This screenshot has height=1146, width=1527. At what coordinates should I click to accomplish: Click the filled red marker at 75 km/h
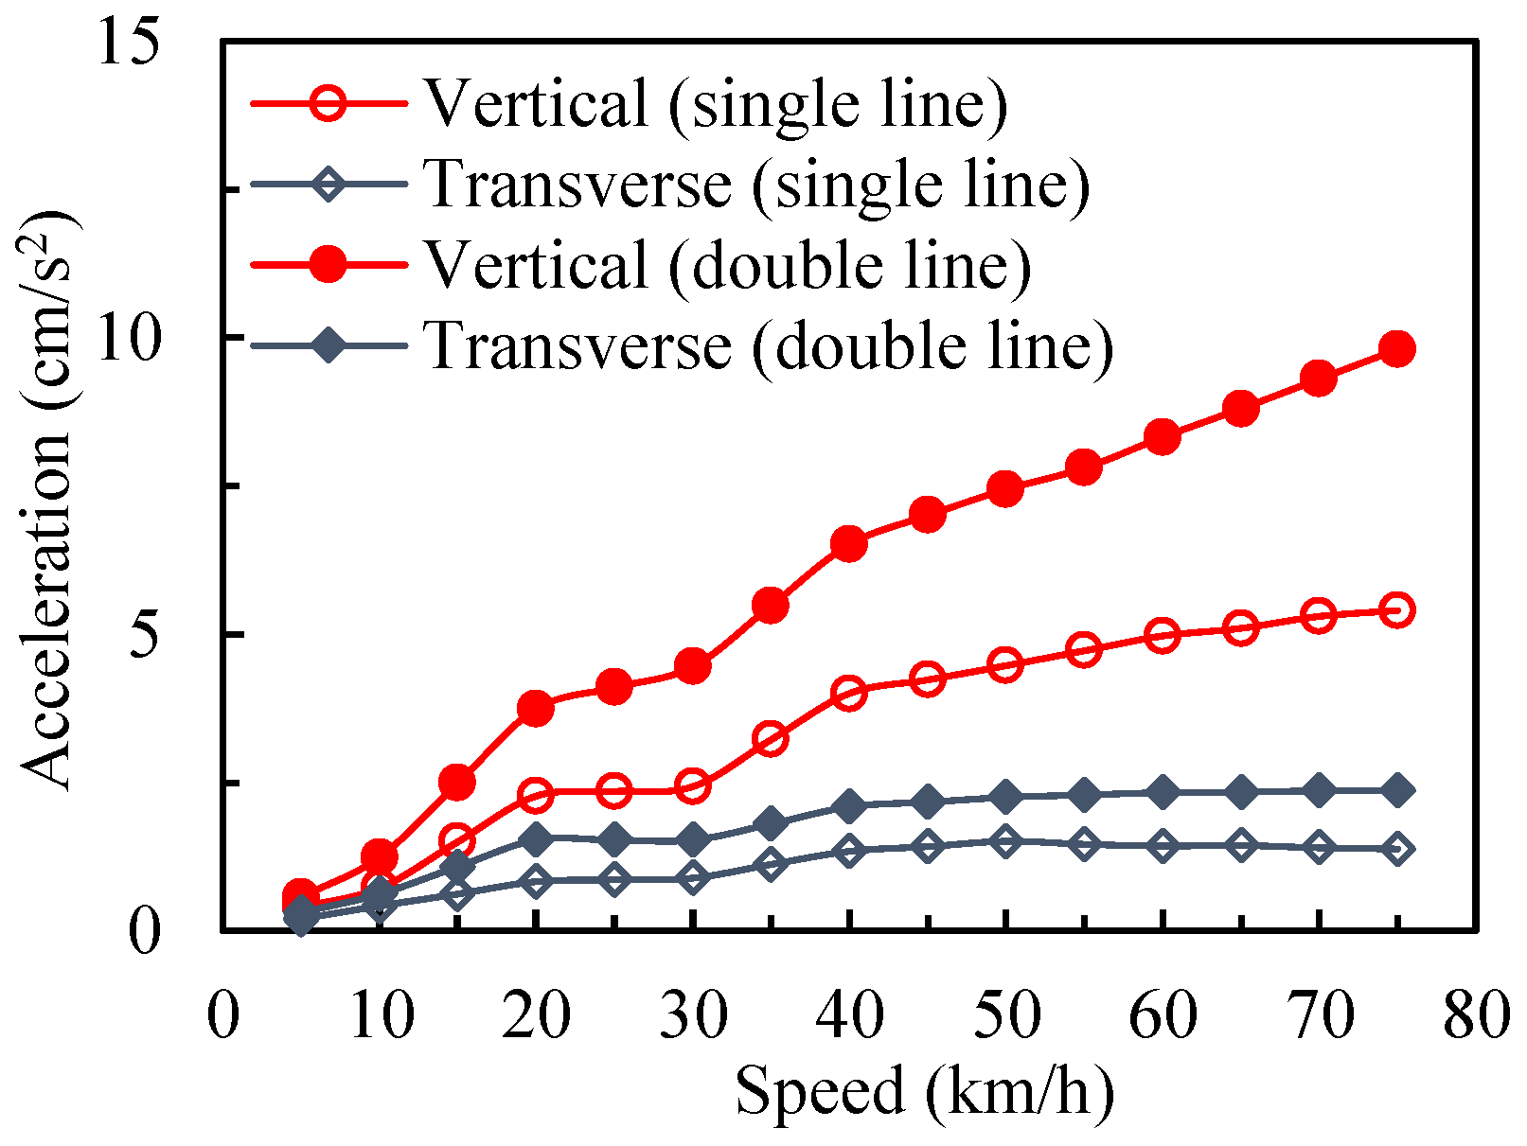(x=1397, y=348)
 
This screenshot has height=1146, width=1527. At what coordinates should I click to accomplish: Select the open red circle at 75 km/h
(x=1397, y=609)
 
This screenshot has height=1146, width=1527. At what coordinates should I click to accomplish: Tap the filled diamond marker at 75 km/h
(x=1397, y=789)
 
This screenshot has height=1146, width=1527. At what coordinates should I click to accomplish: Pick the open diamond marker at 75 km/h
(x=1397, y=848)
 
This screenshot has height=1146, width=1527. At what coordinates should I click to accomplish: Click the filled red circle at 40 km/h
(x=849, y=544)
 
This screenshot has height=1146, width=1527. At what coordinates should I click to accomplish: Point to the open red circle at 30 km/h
(x=693, y=785)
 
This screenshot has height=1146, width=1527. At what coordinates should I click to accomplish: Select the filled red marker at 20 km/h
(x=536, y=708)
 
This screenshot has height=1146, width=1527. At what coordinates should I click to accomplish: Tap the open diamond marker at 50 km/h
(x=1005, y=839)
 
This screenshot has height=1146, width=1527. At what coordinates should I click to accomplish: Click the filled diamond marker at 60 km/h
(x=1163, y=791)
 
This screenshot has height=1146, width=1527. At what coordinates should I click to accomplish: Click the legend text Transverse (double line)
(x=768, y=345)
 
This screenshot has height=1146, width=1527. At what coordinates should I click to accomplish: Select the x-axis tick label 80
(x=1475, y=1016)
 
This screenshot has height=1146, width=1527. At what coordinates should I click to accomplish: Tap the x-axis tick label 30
(x=693, y=1016)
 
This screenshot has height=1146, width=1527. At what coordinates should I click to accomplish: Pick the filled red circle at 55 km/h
(x=1084, y=467)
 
